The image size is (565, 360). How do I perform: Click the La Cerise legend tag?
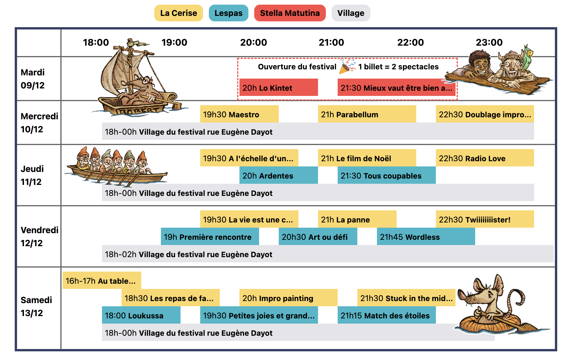(x=179, y=13)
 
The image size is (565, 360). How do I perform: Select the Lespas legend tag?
(x=228, y=13)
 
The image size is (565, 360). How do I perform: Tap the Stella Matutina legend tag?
(x=290, y=13)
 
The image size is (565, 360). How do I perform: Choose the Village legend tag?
(x=351, y=13)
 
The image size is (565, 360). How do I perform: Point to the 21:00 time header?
(x=331, y=42)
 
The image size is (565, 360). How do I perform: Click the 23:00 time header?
(x=489, y=42)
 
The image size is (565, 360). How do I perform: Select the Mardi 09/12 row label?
(x=33, y=79)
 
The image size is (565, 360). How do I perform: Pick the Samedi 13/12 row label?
(x=36, y=306)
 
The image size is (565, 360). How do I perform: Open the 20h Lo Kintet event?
(x=278, y=88)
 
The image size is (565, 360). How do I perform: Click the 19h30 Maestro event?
(x=239, y=114)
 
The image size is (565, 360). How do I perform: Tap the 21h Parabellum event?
(x=367, y=114)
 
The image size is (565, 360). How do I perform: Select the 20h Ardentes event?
(x=278, y=175)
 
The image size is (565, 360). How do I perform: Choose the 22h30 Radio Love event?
(x=485, y=158)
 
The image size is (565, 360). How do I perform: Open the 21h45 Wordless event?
(x=426, y=237)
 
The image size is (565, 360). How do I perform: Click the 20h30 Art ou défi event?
(x=318, y=237)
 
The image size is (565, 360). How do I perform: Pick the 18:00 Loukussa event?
(x=141, y=315)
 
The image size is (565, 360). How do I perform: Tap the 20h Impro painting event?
(x=288, y=298)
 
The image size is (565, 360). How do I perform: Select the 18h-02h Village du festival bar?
(x=328, y=254)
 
